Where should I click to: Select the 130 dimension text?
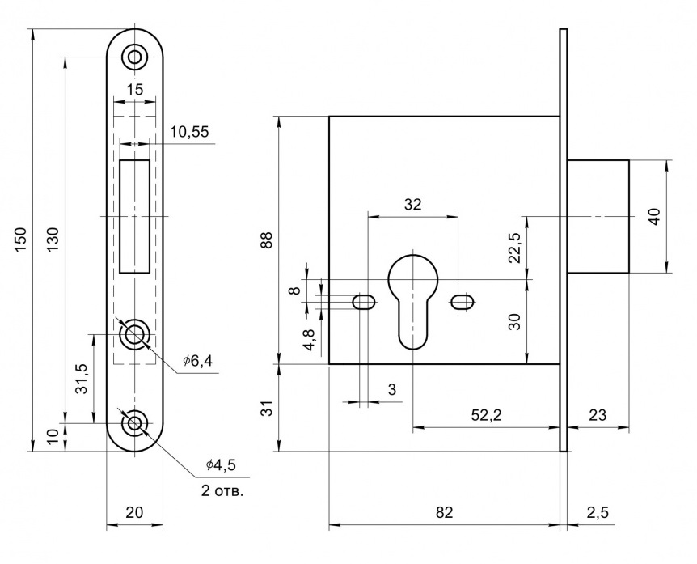click(53, 240)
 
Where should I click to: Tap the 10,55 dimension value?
click(188, 133)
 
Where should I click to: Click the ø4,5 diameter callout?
click(220, 464)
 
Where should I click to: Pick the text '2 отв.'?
click(220, 490)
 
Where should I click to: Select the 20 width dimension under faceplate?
click(134, 511)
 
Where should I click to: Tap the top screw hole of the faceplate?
click(134, 57)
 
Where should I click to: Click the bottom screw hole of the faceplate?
click(134, 422)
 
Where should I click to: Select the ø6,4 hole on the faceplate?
click(134, 333)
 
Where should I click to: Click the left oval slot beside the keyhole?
click(364, 303)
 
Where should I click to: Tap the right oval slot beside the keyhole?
click(462, 303)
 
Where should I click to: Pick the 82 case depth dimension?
click(444, 512)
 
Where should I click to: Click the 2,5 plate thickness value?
click(596, 512)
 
